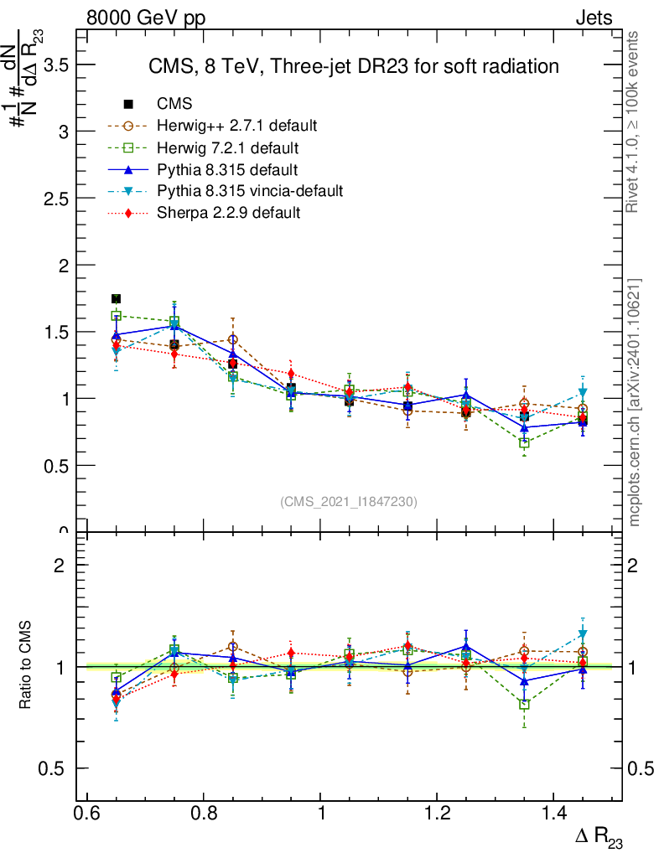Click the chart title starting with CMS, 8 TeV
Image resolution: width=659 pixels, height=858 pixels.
[353, 66]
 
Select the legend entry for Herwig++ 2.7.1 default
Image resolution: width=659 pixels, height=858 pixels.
[236, 126]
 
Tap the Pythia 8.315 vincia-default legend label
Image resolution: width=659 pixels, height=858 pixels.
[249, 191]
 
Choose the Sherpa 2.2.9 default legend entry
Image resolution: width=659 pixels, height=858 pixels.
[228, 213]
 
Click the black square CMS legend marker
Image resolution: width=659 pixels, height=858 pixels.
[128, 104]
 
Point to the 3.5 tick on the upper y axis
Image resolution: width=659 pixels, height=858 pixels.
[53, 65]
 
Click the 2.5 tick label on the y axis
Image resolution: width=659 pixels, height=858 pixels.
[53, 199]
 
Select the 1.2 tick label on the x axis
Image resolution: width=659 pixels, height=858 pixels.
[438, 814]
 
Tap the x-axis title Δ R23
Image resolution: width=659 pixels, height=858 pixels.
[599, 838]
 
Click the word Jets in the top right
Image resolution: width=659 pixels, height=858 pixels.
[593, 18]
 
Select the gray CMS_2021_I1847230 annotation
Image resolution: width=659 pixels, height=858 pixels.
[349, 501]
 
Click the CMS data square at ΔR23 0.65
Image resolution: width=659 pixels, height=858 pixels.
[117, 299]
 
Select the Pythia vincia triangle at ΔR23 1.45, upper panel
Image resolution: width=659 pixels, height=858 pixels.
[583, 393]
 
